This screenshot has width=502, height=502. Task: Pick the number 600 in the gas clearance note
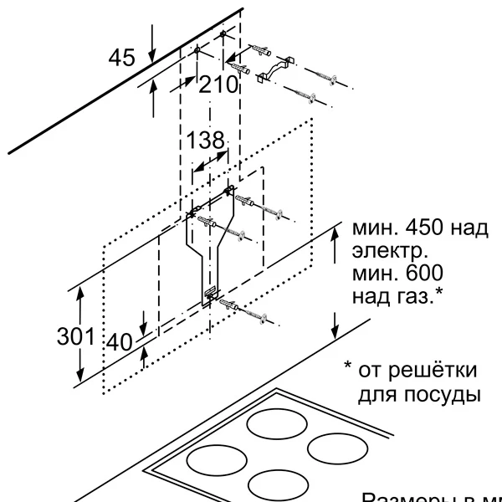click(419, 274)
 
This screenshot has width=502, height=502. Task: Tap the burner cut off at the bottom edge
click(279, 485)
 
